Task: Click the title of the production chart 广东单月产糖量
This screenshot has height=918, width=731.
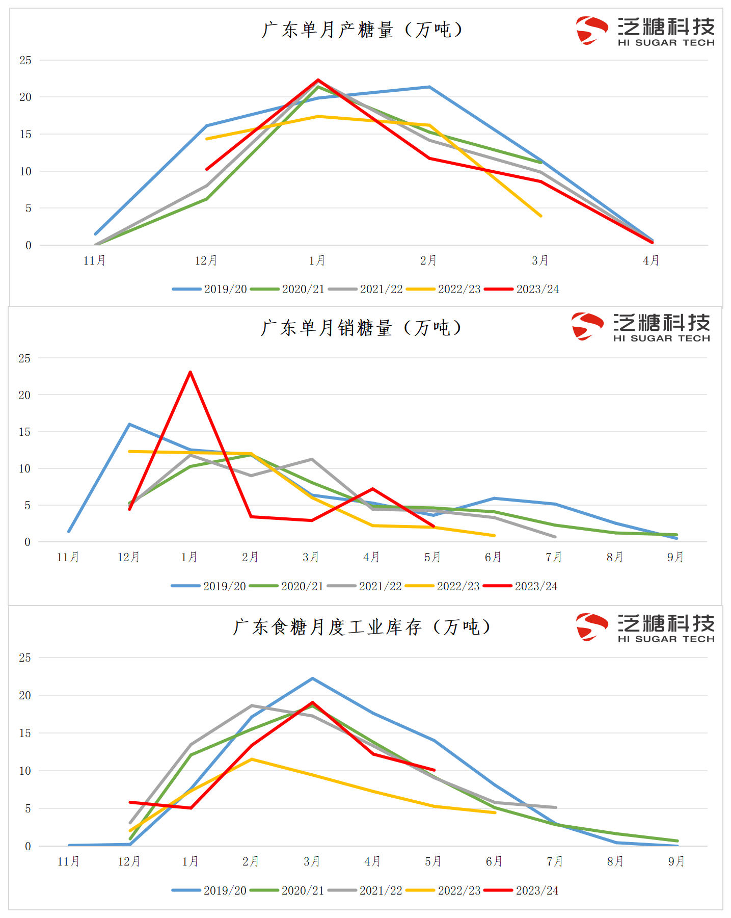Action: (362, 30)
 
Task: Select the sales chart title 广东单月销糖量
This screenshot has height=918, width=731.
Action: (361, 328)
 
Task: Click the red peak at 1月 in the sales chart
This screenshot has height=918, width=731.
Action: (190, 372)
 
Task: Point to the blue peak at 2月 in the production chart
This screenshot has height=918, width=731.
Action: (429, 87)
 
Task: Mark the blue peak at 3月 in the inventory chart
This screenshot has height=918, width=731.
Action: (312, 678)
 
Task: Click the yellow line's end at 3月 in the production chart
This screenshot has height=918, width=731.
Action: (540, 216)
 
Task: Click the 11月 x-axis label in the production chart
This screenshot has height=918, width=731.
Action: (95, 260)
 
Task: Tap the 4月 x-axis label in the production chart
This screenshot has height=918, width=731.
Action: (651, 260)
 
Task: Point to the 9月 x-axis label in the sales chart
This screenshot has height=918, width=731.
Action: (675, 557)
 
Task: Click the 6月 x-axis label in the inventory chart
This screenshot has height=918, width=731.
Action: (494, 861)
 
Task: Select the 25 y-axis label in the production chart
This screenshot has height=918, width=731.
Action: (25, 60)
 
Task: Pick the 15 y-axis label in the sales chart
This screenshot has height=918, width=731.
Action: (24, 432)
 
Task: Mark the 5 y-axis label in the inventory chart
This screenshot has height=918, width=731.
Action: (28, 808)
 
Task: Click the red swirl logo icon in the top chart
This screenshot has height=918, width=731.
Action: (591, 31)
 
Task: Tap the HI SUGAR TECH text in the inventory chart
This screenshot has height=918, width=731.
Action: (666, 639)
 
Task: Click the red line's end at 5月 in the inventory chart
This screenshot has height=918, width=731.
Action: (434, 770)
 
